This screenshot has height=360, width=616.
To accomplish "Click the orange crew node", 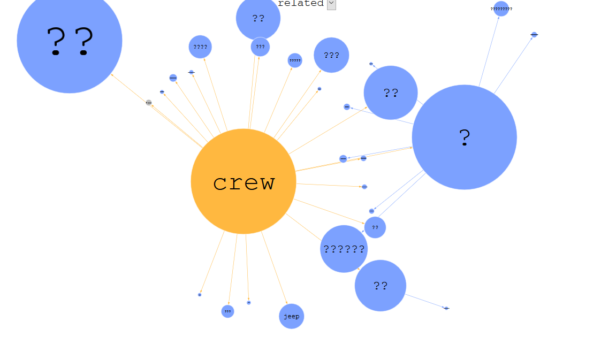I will coord(244,181).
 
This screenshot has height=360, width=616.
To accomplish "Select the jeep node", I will coord(291,316).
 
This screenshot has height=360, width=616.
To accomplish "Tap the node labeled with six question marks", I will coord(344,249).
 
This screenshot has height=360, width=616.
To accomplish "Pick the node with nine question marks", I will coord(501,9).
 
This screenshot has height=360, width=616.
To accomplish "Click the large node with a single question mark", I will coord(464,137).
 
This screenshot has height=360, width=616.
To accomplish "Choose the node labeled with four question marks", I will coord(200,47).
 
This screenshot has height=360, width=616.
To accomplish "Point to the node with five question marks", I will coord(295,60).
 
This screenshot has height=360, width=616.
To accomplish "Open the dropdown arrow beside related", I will coord(331,4).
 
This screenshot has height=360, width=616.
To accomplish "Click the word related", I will coord(301,3).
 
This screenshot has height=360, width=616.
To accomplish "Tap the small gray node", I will coord(149,102).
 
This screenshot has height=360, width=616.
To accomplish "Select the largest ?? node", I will coord(70,41).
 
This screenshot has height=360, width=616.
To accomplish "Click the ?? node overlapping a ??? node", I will coord(258,18).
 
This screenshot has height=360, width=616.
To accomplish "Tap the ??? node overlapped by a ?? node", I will coord(260,47).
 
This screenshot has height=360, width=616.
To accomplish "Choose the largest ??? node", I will coord(331,55).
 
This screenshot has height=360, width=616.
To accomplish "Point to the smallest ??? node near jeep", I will coord(227,311).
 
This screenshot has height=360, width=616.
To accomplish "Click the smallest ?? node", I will coord(375,227).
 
